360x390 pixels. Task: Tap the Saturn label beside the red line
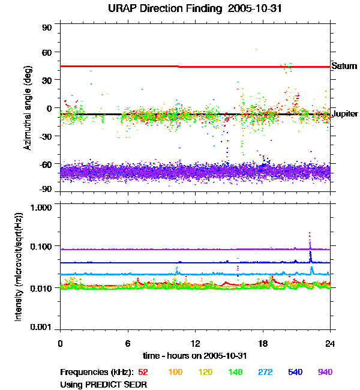click(x=344, y=66)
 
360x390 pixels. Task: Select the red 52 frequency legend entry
click(x=143, y=372)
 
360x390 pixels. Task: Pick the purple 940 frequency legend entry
click(x=325, y=372)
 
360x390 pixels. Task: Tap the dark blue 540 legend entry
click(x=295, y=372)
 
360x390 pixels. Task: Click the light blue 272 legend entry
click(x=264, y=372)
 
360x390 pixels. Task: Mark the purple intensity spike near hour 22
click(x=310, y=235)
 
